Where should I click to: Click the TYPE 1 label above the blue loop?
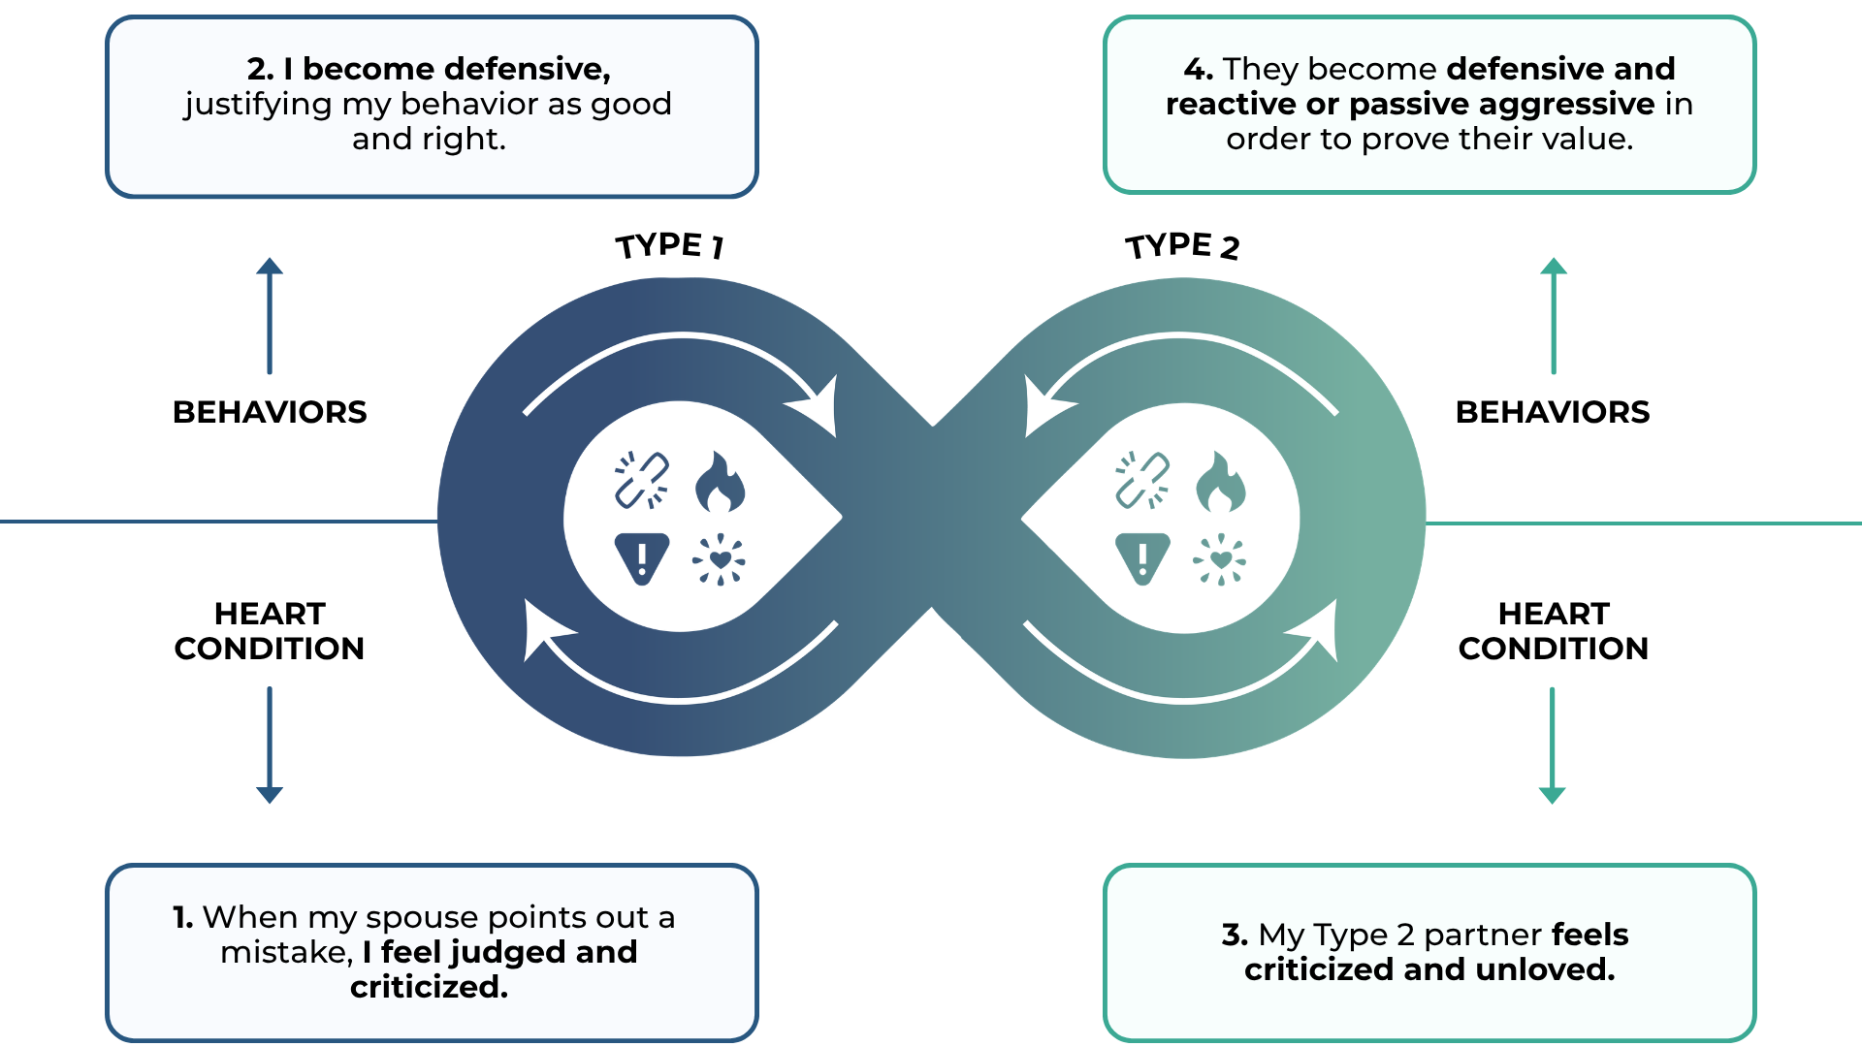[670, 245]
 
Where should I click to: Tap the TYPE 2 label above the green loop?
[1182, 245]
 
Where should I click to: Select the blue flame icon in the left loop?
[720, 481]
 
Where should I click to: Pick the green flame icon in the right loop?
[1220, 481]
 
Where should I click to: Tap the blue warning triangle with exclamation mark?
[642, 558]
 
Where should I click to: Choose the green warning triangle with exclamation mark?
[1142, 558]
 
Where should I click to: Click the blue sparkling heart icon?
[720, 559]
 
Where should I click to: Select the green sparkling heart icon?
[1220, 559]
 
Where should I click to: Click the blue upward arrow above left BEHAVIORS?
[270, 315]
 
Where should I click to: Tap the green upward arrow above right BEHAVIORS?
[1554, 315]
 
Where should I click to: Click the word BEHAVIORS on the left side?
[270, 412]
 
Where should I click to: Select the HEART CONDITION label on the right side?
[1554, 631]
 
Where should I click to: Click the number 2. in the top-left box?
[260, 69]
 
